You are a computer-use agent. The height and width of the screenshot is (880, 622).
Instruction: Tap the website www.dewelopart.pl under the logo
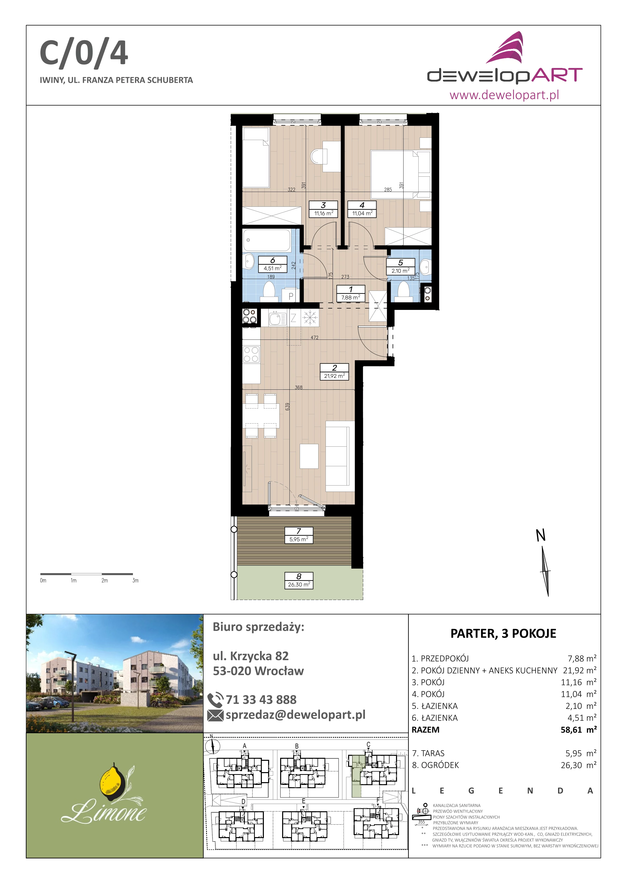[504, 94]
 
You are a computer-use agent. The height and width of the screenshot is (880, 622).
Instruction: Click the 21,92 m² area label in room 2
[334, 376]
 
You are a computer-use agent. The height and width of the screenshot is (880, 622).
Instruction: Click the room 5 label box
[401, 267]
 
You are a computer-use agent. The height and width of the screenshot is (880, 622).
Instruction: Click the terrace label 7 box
[299, 535]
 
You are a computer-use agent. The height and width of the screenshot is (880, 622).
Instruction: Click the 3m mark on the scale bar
[135, 581]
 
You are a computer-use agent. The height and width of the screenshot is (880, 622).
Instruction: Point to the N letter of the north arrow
[540, 535]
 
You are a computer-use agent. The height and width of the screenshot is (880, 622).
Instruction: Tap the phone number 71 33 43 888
[261, 700]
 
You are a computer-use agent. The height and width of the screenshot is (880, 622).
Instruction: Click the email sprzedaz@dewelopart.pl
[296, 715]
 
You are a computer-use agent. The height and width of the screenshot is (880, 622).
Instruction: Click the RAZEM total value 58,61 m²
[579, 730]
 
